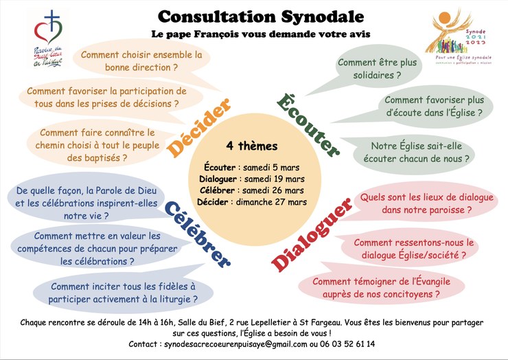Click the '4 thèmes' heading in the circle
[252, 146]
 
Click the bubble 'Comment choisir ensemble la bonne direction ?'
[141, 60]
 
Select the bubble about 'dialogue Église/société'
[413, 248]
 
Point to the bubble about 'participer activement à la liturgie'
[123, 293]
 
